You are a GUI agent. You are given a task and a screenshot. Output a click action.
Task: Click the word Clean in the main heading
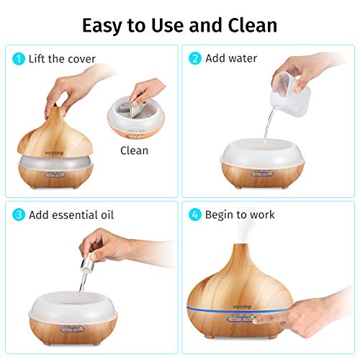pos(253,25)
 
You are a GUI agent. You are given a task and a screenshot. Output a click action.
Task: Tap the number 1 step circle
pos(19,59)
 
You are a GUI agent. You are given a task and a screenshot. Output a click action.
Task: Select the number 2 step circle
pos(195,58)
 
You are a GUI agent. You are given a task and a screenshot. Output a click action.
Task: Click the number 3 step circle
pos(19,215)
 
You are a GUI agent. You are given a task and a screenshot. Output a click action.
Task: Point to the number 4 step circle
pos(195,215)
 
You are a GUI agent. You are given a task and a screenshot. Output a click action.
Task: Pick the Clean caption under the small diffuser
pos(134,150)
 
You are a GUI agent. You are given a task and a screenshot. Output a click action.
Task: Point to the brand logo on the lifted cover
pos(54,153)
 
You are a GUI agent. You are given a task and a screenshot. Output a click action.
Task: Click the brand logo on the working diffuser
pos(242,307)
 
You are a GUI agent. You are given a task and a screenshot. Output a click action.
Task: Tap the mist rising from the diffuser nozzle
pos(243,232)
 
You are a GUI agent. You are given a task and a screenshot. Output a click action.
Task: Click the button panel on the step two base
pos(262,174)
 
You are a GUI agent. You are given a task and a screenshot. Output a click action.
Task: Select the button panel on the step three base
pos(73,329)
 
